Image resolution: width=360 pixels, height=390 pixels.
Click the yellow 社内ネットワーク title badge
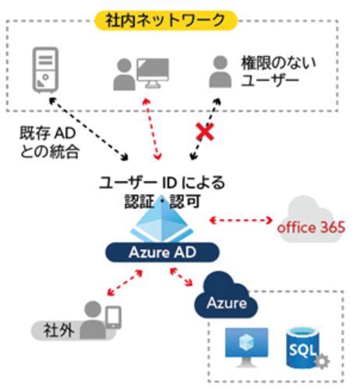(x=166, y=20)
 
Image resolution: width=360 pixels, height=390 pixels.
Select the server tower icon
(x=45, y=70)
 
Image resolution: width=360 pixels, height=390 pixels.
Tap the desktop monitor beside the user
(x=153, y=73)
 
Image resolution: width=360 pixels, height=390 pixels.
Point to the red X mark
(x=205, y=132)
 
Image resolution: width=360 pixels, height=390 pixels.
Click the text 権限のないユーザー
(x=278, y=71)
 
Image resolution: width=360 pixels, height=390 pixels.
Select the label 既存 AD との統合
(x=49, y=142)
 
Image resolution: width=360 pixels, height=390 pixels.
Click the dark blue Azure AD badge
(x=162, y=252)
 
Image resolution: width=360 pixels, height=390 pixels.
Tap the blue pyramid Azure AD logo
(x=162, y=219)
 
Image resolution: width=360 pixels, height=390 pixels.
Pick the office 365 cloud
(x=311, y=220)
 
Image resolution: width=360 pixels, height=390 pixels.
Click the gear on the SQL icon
(x=322, y=361)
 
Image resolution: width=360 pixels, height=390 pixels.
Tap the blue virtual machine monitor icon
(x=246, y=347)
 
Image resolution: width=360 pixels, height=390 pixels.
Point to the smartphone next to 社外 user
(x=114, y=317)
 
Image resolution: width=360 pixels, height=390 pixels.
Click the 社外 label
(x=58, y=331)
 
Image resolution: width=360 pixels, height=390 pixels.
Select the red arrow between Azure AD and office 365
(x=241, y=221)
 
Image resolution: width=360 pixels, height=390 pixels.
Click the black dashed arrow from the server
(x=89, y=129)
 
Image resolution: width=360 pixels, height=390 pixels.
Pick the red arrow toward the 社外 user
(x=125, y=283)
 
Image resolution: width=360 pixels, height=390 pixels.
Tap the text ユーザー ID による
(x=162, y=183)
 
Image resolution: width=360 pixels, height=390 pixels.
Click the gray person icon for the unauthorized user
(x=221, y=72)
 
